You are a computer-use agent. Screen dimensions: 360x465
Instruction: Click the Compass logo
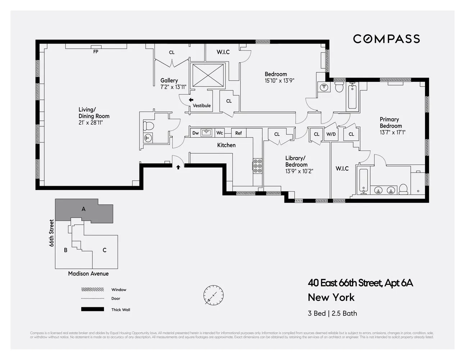386,39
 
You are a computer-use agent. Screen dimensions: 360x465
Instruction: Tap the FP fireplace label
96,51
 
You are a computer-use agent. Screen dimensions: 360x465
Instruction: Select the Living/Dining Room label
94,113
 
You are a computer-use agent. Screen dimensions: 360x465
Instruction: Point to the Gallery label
169,81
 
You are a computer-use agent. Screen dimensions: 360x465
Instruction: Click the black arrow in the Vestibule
191,100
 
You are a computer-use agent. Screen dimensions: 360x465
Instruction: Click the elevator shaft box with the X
208,75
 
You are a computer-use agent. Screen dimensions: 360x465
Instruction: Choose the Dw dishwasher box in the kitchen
195,133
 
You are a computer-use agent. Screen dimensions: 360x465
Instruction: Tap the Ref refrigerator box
238,133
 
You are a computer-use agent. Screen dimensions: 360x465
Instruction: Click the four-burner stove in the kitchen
257,166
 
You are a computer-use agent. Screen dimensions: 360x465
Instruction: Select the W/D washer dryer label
331,134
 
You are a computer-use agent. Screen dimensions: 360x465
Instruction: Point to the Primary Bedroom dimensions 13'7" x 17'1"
393,132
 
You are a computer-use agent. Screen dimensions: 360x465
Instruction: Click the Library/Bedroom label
296,161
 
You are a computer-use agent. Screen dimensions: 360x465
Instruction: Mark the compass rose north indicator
213,295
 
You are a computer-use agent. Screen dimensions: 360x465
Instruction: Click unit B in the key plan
65,250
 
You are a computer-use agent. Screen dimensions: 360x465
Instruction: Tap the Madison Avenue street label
88,274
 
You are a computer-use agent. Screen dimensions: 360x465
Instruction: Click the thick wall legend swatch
92,309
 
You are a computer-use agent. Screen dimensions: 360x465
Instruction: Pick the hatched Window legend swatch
92,289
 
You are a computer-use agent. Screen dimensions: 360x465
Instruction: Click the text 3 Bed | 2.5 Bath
332,313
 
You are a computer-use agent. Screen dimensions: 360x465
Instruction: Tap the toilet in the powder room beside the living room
148,126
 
